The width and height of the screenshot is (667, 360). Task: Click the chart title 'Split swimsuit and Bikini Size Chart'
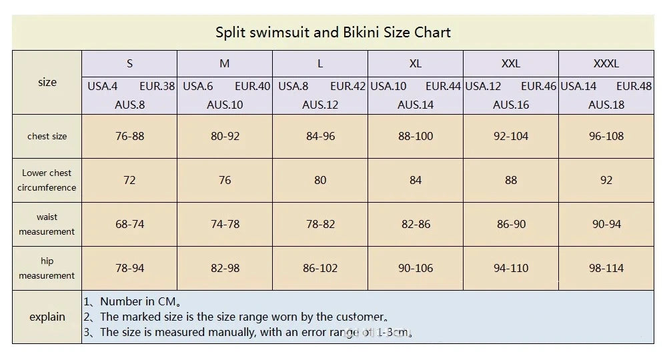[333, 32]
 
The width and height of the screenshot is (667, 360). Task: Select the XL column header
[416, 64]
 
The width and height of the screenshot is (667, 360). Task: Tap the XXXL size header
[606, 64]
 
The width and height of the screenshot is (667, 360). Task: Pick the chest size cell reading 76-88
[129, 136]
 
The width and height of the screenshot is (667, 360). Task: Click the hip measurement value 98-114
[606, 268]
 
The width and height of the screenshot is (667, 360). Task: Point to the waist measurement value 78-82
[320, 224]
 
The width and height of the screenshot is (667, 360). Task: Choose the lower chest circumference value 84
[416, 180]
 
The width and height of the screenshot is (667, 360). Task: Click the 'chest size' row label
[47, 136]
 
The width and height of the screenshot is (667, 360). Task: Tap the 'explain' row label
[47, 317]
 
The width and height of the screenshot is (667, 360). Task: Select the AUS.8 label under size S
[129, 105]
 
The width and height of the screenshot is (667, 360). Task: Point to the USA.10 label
[389, 86]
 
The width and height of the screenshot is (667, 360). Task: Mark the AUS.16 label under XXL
[511, 105]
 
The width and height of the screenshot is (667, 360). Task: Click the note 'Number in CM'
[133, 302]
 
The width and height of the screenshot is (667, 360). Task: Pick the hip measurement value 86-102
[320, 268]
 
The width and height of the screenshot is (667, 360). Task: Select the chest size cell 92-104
[511, 136]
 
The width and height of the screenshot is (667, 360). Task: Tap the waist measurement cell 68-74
[129, 224]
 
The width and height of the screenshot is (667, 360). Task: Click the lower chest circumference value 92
[606, 180]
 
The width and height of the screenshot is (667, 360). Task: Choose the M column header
[225, 64]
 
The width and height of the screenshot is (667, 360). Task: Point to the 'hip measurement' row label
[47, 268]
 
